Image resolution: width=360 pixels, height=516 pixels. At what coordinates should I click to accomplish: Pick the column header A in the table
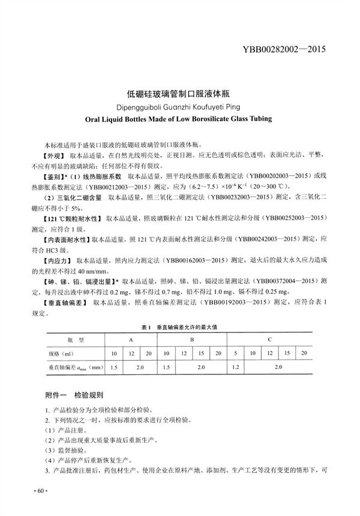[130, 340]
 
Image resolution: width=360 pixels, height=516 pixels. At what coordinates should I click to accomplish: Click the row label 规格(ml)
[60, 352]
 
